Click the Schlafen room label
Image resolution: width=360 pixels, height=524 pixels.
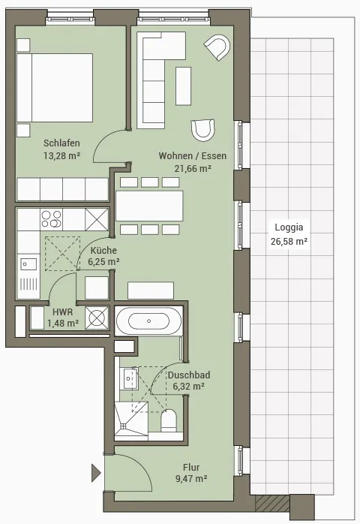coord(61,143)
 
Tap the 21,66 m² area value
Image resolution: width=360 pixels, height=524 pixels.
coord(193,168)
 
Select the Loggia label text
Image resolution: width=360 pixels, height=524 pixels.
coord(289,227)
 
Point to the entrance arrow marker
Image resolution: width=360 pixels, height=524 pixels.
coord(96,473)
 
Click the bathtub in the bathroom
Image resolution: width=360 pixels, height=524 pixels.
coord(148,321)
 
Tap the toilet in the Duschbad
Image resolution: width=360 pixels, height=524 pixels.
coord(169,420)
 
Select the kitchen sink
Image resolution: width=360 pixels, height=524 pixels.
coord(28,264)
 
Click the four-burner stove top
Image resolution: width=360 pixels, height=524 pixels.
coord(51,219)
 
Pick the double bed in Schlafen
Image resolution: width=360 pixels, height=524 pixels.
coord(55,88)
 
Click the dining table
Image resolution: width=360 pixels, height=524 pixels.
coord(149,206)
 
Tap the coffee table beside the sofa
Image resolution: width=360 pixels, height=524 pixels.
coord(183,86)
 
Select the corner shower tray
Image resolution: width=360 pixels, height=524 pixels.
coord(131,419)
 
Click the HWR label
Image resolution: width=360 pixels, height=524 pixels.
coord(62,312)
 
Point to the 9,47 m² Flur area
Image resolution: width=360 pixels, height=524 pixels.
coord(191,478)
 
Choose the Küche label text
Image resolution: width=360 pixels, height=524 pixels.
coord(103,250)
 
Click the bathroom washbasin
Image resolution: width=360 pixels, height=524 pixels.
coord(129,378)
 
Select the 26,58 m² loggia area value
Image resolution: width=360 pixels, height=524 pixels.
coord(289,241)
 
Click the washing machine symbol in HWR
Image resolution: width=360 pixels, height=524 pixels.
coord(97,317)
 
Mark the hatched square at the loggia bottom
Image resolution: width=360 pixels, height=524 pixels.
coord(272,503)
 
